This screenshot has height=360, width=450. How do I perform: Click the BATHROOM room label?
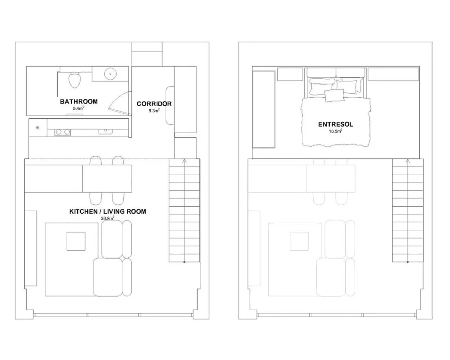coord(79,101)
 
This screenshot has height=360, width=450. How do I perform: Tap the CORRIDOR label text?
coord(154,103)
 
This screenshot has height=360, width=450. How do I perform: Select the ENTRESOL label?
coord(336,124)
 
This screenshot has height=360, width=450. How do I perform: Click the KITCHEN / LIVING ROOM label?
coord(108,211)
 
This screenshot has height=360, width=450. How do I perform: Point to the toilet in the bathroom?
coord(74,80)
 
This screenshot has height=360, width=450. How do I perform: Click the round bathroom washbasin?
coord(110,74)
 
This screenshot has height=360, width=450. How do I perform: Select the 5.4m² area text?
coord(78,108)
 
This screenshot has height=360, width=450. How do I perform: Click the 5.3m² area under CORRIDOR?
coord(154,111)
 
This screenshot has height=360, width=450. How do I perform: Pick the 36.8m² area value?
coord(108,218)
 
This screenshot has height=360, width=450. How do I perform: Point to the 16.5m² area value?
coord(335,131)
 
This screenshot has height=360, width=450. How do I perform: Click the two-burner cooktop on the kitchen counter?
coord(63,132)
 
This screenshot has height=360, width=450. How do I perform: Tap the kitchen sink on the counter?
coord(105,131)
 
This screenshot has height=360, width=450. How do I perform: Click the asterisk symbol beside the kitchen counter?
coord(37,127)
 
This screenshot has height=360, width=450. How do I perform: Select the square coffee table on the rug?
coord(76,241)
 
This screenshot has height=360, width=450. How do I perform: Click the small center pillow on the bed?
coord(334,95)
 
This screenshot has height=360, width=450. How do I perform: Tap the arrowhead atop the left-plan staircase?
coord(184,162)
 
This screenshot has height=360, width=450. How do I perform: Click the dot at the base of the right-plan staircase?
coord(408,262)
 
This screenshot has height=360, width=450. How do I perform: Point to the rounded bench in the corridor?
coord(170,105)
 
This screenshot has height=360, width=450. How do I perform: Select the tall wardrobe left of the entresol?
coord(264,109)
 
